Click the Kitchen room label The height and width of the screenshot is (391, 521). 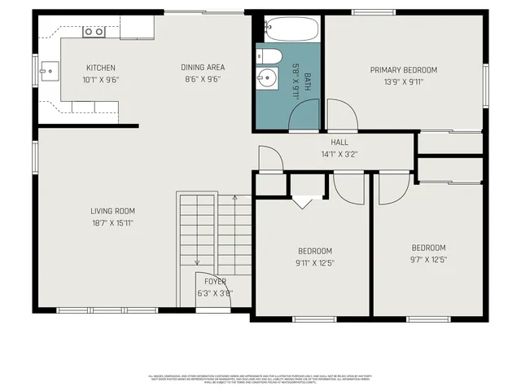[x=101, y=68]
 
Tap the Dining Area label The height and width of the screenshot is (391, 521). [x=203, y=68]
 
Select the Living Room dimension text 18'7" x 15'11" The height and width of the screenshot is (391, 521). [x=112, y=222]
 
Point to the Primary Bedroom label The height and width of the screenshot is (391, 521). [x=403, y=70]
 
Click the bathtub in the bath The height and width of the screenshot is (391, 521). [x=288, y=29]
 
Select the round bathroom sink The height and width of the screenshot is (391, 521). [x=266, y=79]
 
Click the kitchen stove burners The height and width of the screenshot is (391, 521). [x=94, y=32]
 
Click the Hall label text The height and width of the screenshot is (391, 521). [x=339, y=142]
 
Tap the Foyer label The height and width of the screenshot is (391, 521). [x=215, y=281]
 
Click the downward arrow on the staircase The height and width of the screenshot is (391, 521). [x=197, y=261]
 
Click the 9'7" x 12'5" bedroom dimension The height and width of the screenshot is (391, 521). [x=428, y=260]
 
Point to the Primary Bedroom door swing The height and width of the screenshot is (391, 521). [x=340, y=114]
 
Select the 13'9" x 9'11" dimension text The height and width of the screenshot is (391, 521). [x=403, y=81]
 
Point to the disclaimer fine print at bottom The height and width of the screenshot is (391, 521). [x=260, y=378]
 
